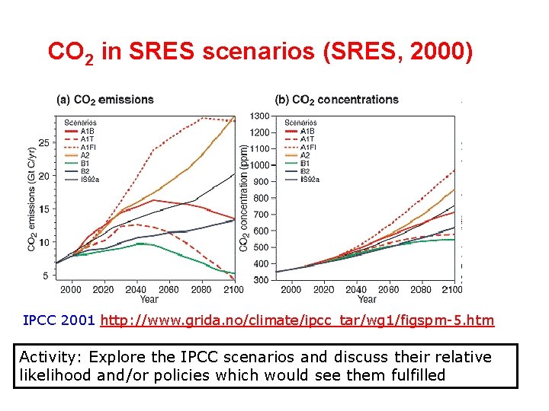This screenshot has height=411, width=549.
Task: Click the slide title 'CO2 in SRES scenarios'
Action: [x=260, y=53]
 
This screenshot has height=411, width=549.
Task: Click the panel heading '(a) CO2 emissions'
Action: [x=105, y=100]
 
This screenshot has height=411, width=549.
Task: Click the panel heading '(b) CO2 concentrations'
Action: [x=336, y=100]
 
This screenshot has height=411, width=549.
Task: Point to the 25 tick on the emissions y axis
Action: [x=44, y=143]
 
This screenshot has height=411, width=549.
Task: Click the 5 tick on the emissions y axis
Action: [x=47, y=276]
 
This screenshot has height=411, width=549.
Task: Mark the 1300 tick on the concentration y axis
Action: [x=259, y=116]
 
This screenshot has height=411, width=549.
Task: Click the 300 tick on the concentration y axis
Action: [x=261, y=281]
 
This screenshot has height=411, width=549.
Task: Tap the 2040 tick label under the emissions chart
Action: [x=136, y=290]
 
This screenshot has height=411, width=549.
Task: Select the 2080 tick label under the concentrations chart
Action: [x=421, y=290]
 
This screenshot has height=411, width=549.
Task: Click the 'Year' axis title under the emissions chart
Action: [x=149, y=299]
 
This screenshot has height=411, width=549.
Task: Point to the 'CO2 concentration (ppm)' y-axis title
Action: [x=244, y=199]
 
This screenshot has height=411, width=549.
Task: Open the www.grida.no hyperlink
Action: [x=297, y=321]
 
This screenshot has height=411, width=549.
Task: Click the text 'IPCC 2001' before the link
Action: [x=59, y=321]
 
